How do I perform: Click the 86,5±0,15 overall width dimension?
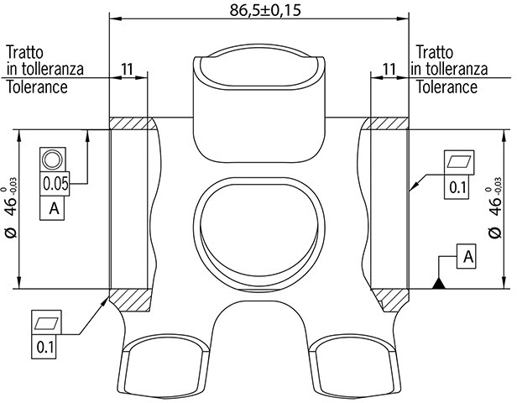[x=265, y=10]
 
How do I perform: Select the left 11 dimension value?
[x=128, y=69]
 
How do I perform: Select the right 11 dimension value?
[x=389, y=69]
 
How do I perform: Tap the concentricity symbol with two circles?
[x=52, y=160]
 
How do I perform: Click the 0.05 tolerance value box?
[x=55, y=184]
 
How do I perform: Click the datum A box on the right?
[x=467, y=256]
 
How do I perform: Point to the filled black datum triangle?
[x=439, y=284]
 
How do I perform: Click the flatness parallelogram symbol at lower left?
[x=46, y=322]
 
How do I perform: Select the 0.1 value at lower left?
[x=44, y=347]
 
